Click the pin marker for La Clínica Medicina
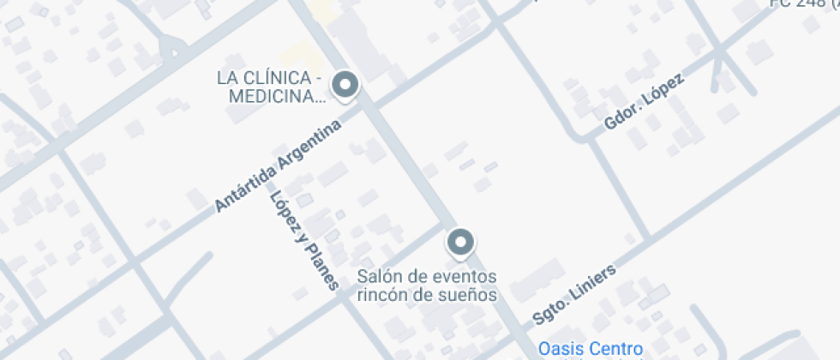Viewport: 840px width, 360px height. pyautogui.click(x=345, y=85)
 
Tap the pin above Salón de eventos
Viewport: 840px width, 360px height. pyautogui.click(x=461, y=243)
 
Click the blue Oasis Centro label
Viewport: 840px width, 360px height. pyautogui.click(x=590, y=349)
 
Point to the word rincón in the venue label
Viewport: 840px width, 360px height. pyautogui.click(x=381, y=296)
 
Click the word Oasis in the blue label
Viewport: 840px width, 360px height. pyautogui.click(x=558, y=349)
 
